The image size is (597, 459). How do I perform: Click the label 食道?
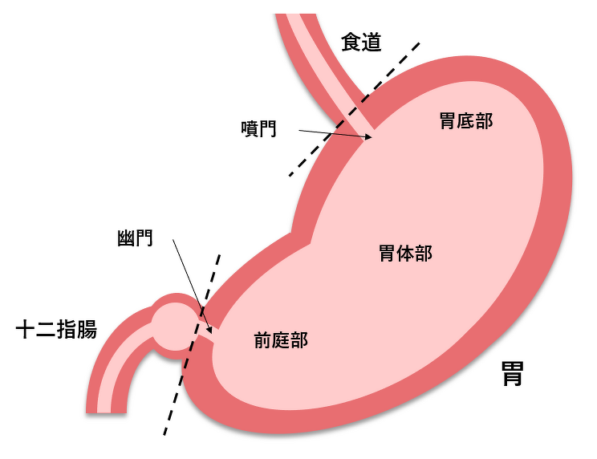[x=361, y=42]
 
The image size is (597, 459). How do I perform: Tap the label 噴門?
[x=259, y=128]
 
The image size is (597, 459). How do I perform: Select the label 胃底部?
[x=466, y=120]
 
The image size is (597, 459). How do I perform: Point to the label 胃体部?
[x=406, y=253]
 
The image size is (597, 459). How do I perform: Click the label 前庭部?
[x=281, y=340]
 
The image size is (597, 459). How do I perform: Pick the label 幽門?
[x=135, y=238]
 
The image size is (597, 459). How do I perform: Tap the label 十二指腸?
[x=56, y=329]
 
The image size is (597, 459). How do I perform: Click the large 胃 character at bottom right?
[x=512, y=374]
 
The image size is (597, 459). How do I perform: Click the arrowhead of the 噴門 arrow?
[x=369, y=136]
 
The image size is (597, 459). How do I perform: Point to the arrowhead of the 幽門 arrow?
[x=209, y=330]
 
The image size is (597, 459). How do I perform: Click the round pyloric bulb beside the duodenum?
[x=173, y=327]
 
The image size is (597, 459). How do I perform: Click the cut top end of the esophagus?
[x=295, y=14]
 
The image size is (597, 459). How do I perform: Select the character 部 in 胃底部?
[x=485, y=120]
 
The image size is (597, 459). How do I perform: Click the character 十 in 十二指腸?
[x=26, y=329]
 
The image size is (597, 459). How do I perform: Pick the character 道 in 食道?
[x=372, y=42]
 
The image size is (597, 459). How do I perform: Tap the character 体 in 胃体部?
[x=406, y=253]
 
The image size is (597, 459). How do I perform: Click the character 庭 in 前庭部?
[x=281, y=340]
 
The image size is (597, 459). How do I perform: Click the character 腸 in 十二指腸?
[x=87, y=329]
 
